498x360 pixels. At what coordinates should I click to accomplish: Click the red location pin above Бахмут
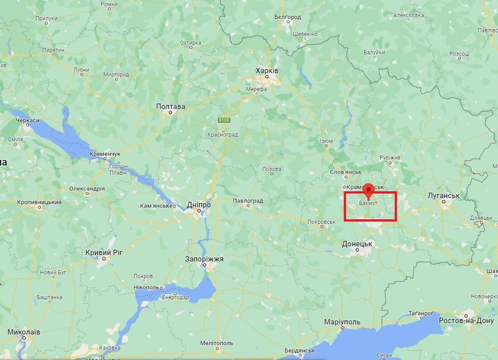(x=368, y=189)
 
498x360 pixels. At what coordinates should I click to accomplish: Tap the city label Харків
(x=267, y=71)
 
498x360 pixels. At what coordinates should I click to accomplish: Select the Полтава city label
(x=170, y=106)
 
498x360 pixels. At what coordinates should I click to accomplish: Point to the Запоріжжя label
(x=204, y=259)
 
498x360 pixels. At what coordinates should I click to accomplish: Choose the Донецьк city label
(x=358, y=244)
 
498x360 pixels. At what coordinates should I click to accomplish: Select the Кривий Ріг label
(x=105, y=253)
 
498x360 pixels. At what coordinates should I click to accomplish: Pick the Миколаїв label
(x=24, y=332)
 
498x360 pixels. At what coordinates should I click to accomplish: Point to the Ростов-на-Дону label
(x=466, y=321)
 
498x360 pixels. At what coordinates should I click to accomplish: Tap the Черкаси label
(x=27, y=120)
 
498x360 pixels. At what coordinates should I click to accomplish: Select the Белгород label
(x=287, y=17)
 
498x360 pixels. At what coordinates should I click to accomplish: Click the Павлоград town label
(x=248, y=201)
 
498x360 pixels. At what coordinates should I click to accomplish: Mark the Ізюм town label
(x=326, y=142)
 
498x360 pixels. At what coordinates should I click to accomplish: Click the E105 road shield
(x=224, y=120)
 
